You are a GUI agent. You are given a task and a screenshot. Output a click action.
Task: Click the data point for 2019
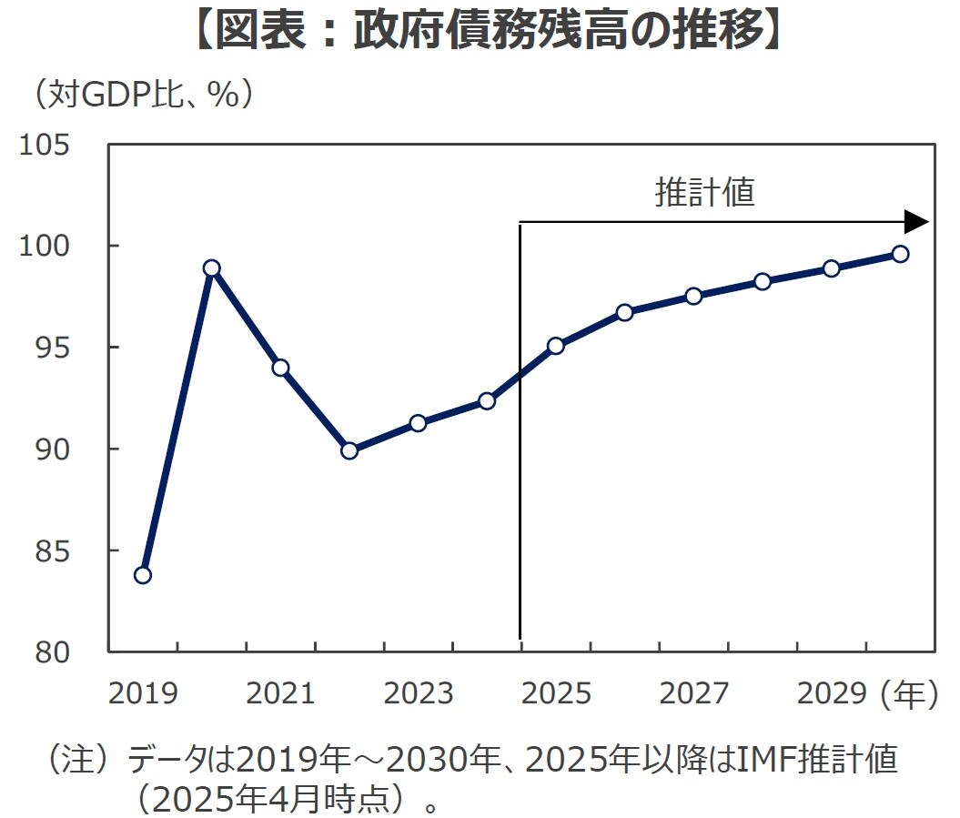[143, 575]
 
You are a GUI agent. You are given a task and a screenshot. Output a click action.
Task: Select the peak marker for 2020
[212, 268]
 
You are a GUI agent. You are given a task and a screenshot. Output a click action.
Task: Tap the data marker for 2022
[349, 450]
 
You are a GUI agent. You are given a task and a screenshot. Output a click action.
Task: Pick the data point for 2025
[556, 346]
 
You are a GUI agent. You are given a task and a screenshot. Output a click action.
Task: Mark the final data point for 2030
[900, 254]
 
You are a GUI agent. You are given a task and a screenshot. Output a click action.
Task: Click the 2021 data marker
[280, 368]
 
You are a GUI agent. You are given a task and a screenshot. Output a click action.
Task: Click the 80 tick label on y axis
[53, 651]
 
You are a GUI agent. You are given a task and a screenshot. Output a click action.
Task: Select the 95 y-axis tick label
[53, 348]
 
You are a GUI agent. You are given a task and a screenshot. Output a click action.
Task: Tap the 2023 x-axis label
[418, 694]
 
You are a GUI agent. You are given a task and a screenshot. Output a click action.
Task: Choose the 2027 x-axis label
[693, 694]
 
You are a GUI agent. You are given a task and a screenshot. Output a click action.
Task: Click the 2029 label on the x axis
[831, 694]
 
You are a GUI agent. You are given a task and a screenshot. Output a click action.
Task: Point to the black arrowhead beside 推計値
[915, 222]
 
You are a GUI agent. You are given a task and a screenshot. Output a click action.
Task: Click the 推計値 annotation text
[705, 192]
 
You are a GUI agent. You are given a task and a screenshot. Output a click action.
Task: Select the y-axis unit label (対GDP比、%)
[143, 95]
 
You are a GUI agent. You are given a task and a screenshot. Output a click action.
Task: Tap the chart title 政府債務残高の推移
[480, 33]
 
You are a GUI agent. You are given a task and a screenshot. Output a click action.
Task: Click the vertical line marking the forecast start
[520, 455]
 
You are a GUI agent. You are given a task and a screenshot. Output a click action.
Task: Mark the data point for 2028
[763, 281]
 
